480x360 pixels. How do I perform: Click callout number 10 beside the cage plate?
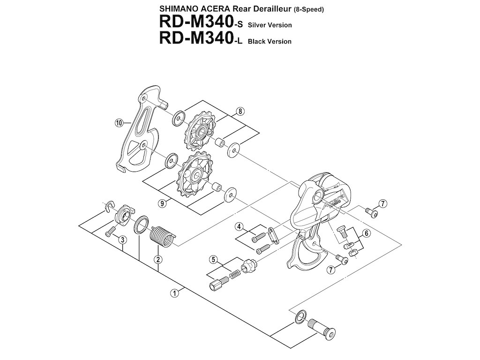pos(119,123)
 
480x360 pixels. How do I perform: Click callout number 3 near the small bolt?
pos(122,240)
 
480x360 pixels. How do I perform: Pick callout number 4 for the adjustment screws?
pos(239,227)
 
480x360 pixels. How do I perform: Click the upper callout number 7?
pos(383,203)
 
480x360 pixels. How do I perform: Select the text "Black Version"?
pos(270,41)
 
